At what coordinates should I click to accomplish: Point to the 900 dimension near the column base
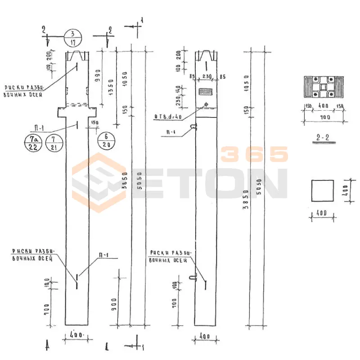coord(114,305)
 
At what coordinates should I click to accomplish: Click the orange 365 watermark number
coord(254,154)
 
